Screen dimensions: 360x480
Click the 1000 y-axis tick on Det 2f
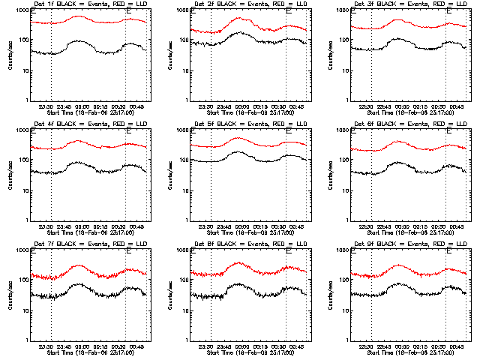(x=184, y=10)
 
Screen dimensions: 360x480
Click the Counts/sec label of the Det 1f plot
(x=10, y=55)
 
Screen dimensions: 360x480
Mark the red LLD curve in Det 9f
(x=397, y=266)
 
